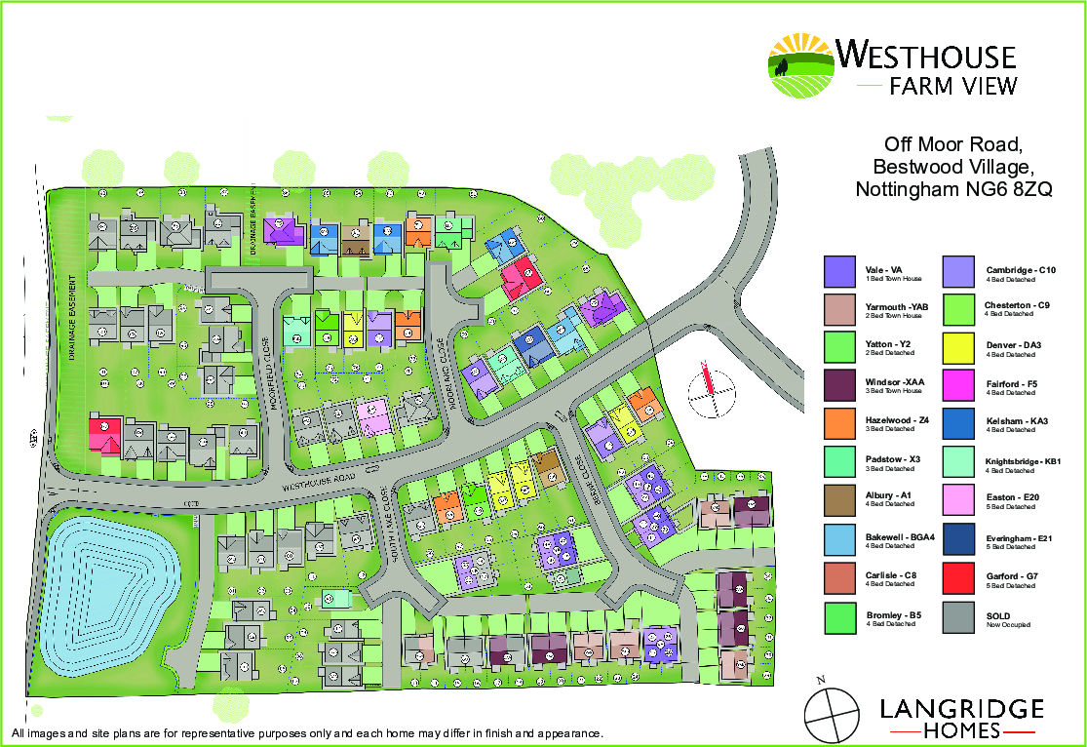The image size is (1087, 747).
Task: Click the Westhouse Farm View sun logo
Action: coord(801,66)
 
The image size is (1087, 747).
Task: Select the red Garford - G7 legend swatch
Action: coord(960,578)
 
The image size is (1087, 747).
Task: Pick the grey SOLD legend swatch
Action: coord(960,616)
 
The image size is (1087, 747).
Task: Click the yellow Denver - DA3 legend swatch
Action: coord(960,348)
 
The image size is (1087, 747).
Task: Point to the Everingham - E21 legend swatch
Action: coord(960,540)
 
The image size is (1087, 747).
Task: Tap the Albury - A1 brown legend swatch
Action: coord(839,501)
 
